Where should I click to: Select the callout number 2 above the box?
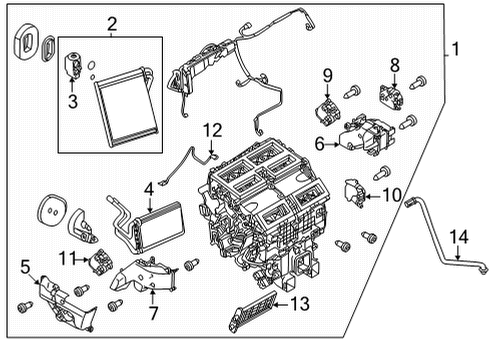tap(111, 23)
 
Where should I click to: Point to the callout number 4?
tap(148, 187)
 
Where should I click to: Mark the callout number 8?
tap(394, 66)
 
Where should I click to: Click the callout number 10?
tap(390, 194)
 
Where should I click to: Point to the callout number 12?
tap(211, 129)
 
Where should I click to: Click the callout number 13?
tap(300, 302)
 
